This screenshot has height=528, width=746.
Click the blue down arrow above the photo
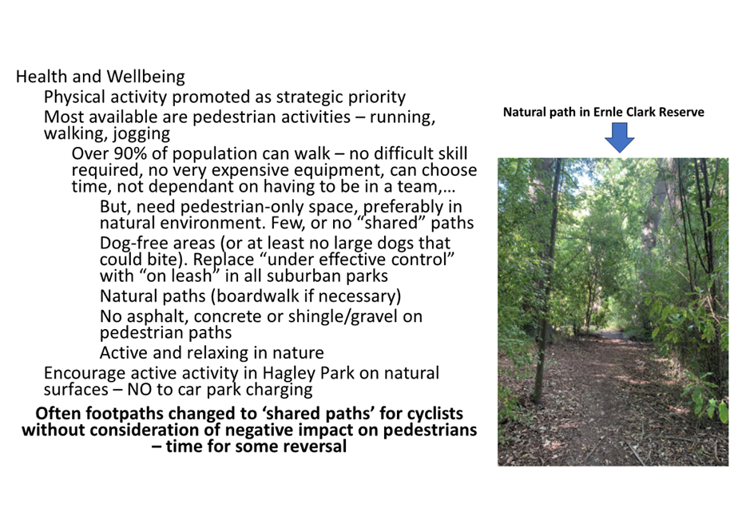(620, 137)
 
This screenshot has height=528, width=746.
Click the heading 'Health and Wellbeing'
(101, 77)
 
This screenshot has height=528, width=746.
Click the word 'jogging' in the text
(141, 134)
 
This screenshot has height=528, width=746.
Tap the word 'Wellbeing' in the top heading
(145, 77)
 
